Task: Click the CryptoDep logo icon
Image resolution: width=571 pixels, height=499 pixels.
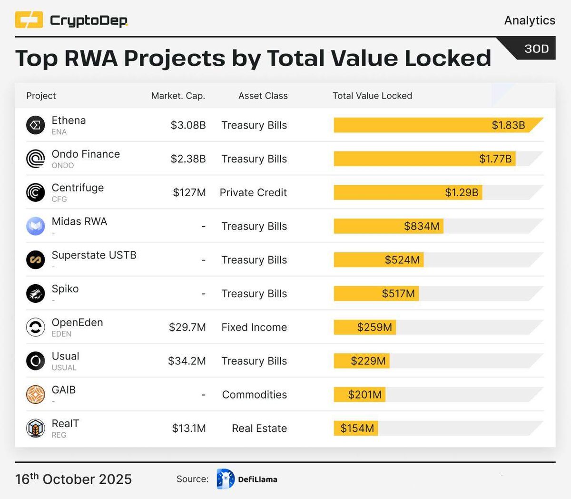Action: click(29, 20)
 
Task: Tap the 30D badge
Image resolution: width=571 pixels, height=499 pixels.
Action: click(536, 49)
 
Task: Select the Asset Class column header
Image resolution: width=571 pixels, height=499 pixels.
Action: click(263, 96)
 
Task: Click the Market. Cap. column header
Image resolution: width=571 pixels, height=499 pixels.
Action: click(178, 96)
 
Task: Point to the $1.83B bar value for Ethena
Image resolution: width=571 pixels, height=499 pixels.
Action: click(508, 125)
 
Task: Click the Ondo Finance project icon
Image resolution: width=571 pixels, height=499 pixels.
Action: click(35, 159)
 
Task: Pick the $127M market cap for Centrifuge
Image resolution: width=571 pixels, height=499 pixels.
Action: click(189, 192)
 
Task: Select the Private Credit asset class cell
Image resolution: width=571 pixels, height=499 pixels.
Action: click(253, 192)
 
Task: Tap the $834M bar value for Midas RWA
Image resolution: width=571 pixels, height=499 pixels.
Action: click(422, 226)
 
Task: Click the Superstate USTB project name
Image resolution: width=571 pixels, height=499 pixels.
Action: click(94, 255)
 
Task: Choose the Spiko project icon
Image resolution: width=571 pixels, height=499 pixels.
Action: click(35, 293)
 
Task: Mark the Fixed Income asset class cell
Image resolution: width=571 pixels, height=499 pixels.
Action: click(254, 327)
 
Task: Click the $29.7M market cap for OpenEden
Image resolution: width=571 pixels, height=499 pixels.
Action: click(187, 327)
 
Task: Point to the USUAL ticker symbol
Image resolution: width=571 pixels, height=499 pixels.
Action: click(64, 368)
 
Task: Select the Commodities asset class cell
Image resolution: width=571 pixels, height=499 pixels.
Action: click(254, 395)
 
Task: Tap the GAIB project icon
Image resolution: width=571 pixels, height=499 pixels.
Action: click(35, 394)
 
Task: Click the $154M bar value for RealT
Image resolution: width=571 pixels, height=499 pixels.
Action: click(357, 429)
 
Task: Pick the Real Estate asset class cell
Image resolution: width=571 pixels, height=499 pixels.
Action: click(259, 429)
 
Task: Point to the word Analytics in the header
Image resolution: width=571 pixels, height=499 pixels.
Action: click(530, 20)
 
